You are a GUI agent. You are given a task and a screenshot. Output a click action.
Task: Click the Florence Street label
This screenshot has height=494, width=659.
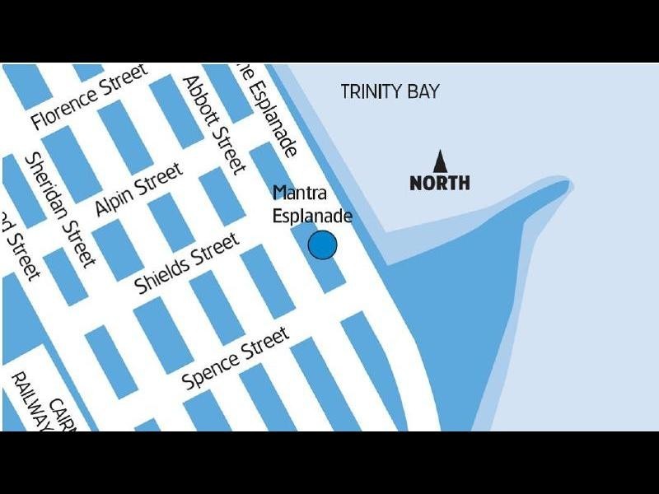pyautogui.click(x=89, y=97)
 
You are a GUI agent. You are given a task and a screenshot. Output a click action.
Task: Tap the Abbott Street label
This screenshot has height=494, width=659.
pyautogui.click(x=214, y=124)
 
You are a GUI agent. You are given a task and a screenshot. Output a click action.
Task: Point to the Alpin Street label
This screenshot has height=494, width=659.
pyautogui.click(x=138, y=189)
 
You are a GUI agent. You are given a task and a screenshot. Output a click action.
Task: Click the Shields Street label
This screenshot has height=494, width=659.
pyautogui.click(x=187, y=263)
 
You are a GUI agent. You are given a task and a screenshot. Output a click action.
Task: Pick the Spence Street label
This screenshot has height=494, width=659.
pyautogui.click(x=236, y=359)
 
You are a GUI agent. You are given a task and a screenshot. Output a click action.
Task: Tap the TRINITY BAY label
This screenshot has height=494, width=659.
pyautogui.click(x=390, y=91)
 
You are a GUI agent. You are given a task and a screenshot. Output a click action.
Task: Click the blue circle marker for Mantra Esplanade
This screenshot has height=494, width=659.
pyautogui.click(x=322, y=245)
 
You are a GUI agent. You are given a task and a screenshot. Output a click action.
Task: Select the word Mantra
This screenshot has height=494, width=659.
pyautogui.click(x=300, y=193)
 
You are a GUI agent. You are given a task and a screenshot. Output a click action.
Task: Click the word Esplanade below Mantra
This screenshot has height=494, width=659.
pyautogui.click(x=313, y=216)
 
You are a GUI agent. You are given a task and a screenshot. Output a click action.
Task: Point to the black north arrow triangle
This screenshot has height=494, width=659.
pyautogui.click(x=440, y=161)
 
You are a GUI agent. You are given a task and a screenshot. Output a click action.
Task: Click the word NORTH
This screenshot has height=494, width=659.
pyautogui.click(x=440, y=183)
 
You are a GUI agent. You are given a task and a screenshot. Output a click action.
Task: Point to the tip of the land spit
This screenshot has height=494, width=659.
pyautogui.click(x=568, y=183)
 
